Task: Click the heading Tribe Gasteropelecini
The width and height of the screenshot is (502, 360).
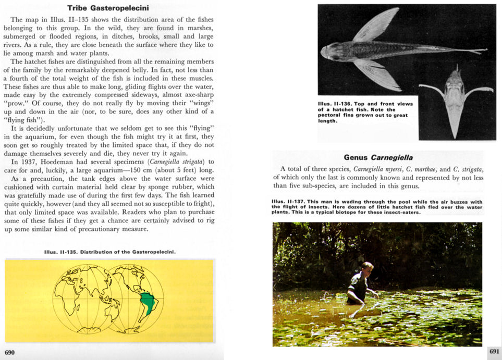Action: tap(108, 8)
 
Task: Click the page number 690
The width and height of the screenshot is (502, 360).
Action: tap(10, 352)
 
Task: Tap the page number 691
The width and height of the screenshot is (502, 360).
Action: tap(494, 352)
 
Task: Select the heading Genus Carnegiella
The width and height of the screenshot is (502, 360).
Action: tap(378, 157)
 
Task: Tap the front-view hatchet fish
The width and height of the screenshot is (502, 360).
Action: tap(456, 102)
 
